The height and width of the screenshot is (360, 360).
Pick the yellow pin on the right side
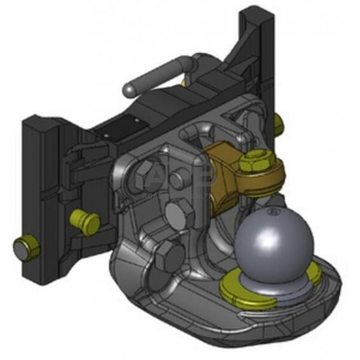click(x=277, y=123)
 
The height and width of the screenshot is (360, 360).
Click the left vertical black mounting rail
click(x=41, y=190)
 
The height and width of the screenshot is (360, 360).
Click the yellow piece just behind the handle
click(x=183, y=82)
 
